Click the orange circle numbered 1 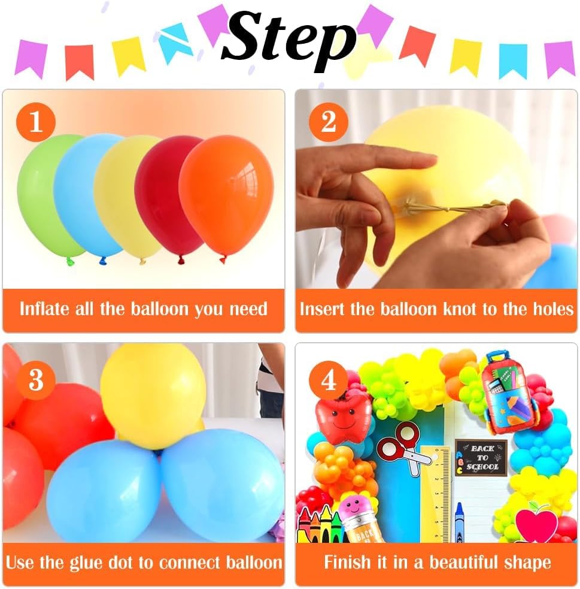pyautogui.click(x=36, y=122)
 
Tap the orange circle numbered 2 pyautogui.click(x=329, y=122)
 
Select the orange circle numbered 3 pyautogui.click(x=36, y=380)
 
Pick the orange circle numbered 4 pyautogui.click(x=329, y=380)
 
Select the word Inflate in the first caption pyautogui.click(x=45, y=309)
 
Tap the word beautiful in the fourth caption pyautogui.click(x=464, y=562)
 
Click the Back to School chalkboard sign pyautogui.click(x=481, y=458)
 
